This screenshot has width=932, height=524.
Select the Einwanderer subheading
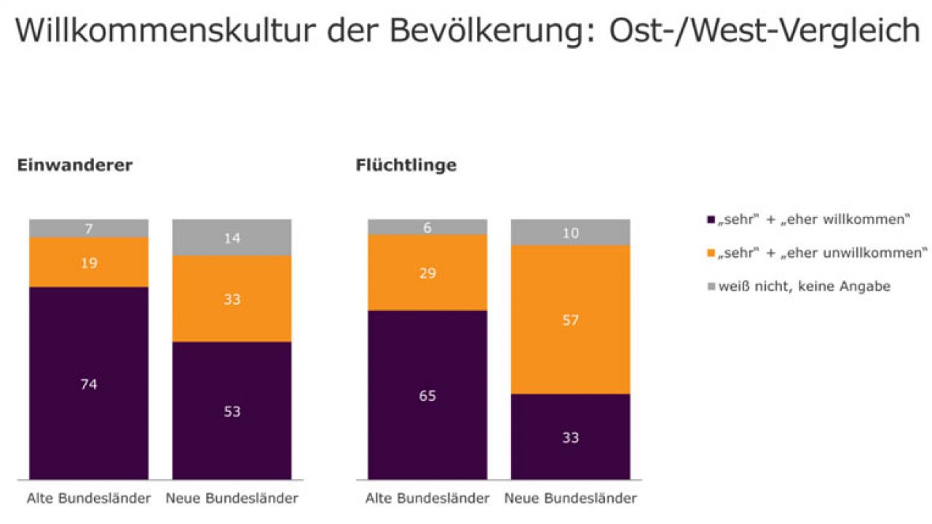pos(74,165)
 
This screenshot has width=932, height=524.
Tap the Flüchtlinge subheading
pos(406,165)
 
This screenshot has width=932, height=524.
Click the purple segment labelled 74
pos(89,384)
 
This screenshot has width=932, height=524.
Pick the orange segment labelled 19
pos(89,262)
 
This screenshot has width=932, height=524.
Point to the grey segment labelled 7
pos(89,229)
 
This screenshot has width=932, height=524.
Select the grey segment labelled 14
pos(232,237)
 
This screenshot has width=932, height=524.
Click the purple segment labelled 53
pos(232,411)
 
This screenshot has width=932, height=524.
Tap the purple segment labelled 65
pos(427,395)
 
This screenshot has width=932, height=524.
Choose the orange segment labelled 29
pos(427,272)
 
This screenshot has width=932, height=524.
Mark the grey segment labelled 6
pos(427,227)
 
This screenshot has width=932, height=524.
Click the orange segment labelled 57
pos(570,319)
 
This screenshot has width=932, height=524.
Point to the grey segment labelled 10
pos(570,232)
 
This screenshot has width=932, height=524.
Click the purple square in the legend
pos(711,219)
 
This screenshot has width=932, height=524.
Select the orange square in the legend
pos(711,253)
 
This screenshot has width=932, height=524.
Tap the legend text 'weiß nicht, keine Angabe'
pos(803,287)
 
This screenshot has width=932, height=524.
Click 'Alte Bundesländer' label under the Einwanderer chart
pos(89,499)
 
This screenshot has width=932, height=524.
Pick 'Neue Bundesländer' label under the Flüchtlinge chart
pos(571,499)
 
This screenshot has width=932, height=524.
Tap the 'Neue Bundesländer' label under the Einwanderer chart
pos(232,499)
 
